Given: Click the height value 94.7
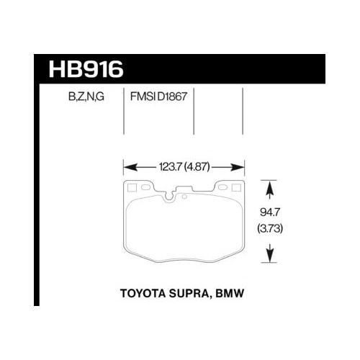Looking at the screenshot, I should [x=269, y=213].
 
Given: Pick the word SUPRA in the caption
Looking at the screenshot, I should [x=194, y=295].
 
